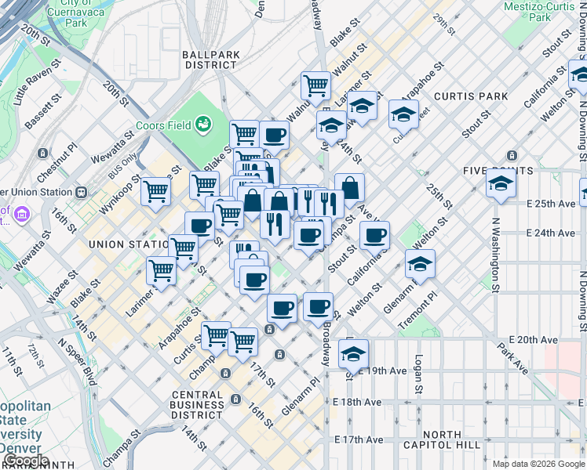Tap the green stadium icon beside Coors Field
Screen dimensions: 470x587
(204, 122)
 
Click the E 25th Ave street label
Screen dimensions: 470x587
(551, 204)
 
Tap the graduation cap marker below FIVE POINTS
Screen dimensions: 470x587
(501, 185)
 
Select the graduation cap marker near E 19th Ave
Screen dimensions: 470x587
(353, 354)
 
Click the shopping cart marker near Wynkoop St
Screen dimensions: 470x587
(156, 190)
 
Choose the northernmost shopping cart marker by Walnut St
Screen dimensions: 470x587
(315, 85)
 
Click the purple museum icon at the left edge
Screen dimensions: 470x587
(21, 214)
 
